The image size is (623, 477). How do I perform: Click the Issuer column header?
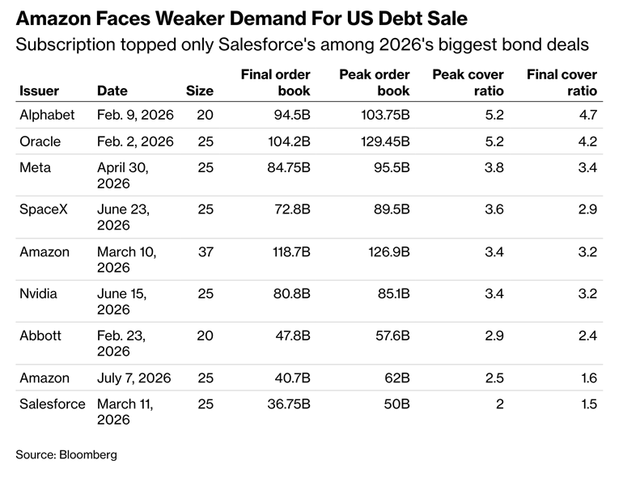coord(39,91)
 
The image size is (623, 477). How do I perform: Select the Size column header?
coord(200,91)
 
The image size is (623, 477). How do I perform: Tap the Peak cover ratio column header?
coord(468,82)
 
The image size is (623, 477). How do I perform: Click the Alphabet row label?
coord(47,115)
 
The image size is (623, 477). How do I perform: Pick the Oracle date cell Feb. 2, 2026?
coord(135,141)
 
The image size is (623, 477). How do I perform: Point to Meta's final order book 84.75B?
coord(289,167)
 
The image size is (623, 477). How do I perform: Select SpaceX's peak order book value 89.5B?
coord(392,209)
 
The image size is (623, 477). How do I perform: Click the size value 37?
coord(206,251)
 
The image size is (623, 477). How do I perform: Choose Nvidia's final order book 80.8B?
coord(291,294)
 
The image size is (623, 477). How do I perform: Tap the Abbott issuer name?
coord(40,336)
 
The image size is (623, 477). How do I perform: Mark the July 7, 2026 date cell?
coord(133,378)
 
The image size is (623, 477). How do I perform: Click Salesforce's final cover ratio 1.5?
coord(589,404)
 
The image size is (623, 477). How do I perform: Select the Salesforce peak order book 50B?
coord(396,404)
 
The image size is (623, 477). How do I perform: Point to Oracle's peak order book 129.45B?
coord(385,141)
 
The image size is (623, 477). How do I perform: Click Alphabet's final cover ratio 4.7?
coord(588,115)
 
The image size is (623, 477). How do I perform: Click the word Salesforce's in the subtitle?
coord(267,44)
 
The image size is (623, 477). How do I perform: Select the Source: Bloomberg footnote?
coord(66,454)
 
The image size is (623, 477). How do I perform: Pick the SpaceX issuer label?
coord(44,209)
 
